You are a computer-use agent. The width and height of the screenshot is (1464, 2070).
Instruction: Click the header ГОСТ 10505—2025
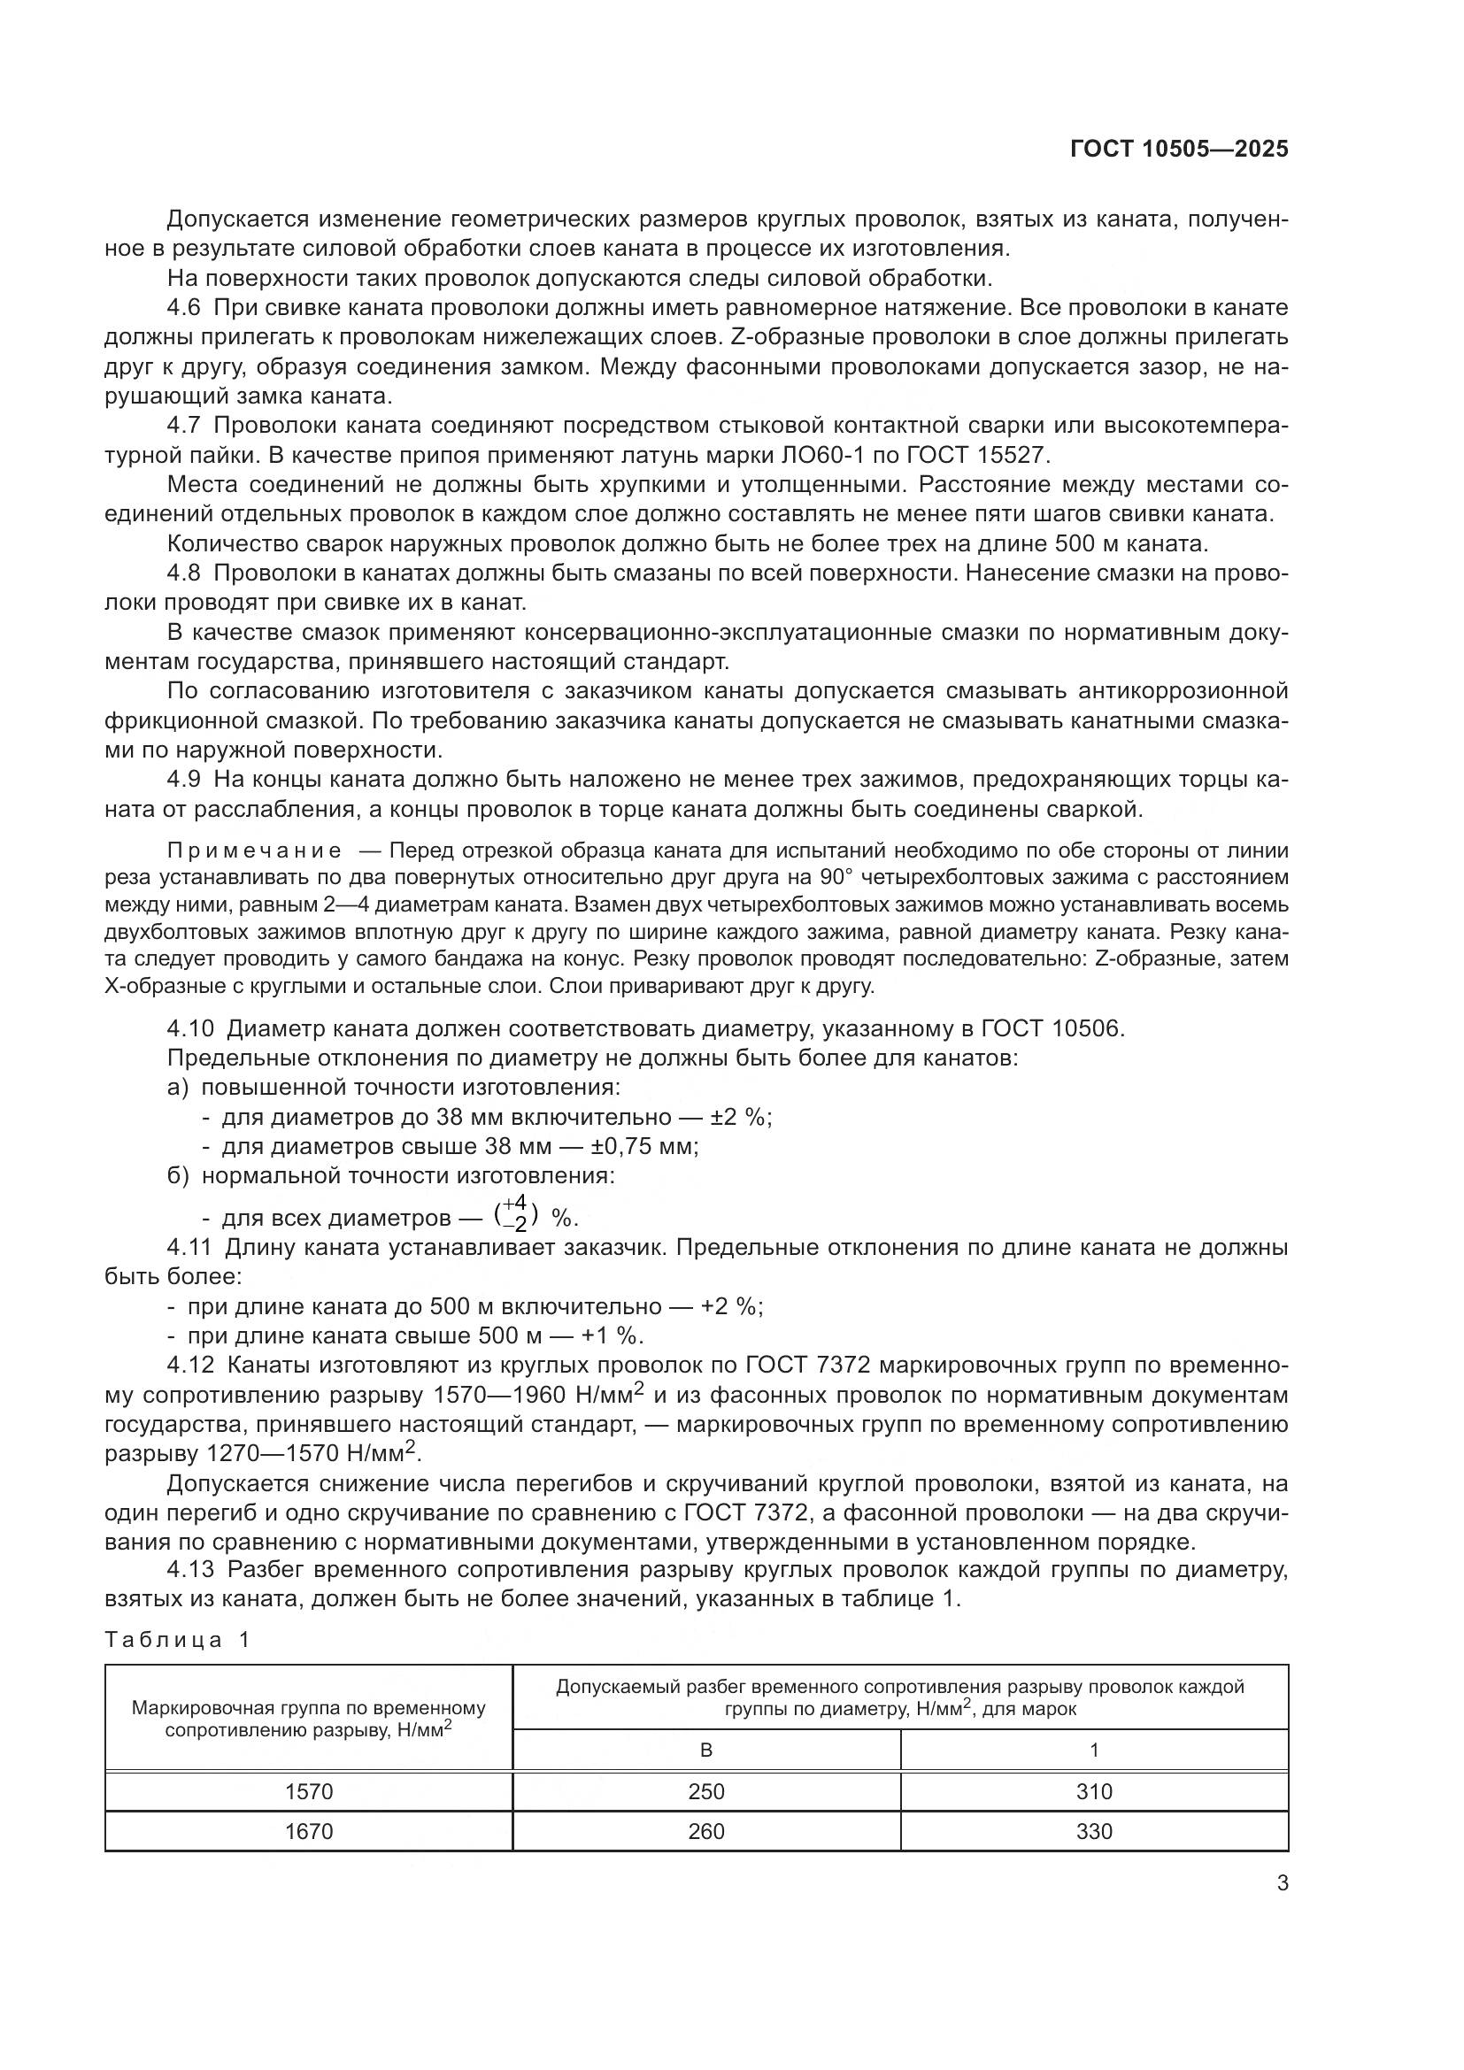[1179, 149]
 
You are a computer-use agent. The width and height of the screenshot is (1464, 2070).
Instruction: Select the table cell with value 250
[705, 1791]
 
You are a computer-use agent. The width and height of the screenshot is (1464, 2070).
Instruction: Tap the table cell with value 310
[1093, 1791]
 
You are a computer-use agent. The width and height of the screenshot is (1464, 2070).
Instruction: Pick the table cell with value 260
[705, 1831]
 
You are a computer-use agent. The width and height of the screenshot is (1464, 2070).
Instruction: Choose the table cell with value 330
[1093, 1831]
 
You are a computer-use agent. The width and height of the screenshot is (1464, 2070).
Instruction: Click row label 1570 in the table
[308, 1791]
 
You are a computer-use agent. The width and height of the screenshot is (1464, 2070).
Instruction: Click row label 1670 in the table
[308, 1831]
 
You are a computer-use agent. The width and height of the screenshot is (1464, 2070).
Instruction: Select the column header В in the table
[705, 1750]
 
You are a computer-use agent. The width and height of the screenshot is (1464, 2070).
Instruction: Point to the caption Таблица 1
[177, 1640]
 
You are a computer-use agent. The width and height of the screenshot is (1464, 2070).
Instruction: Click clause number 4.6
[184, 307]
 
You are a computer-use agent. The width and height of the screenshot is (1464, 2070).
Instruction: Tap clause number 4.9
[184, 779]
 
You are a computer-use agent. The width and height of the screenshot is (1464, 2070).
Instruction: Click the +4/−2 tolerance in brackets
[517, 1213]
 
